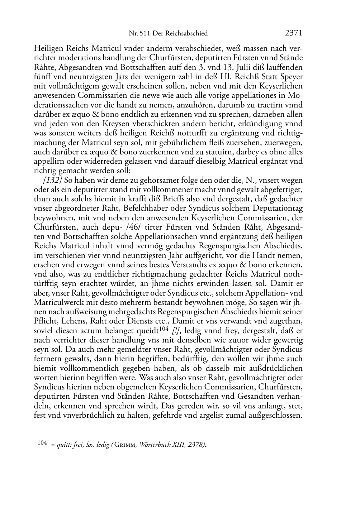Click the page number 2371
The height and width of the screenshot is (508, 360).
pyautogui.click(x=294, y=33)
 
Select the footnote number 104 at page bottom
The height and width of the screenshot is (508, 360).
pyautogui.click(x=42, y=443)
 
